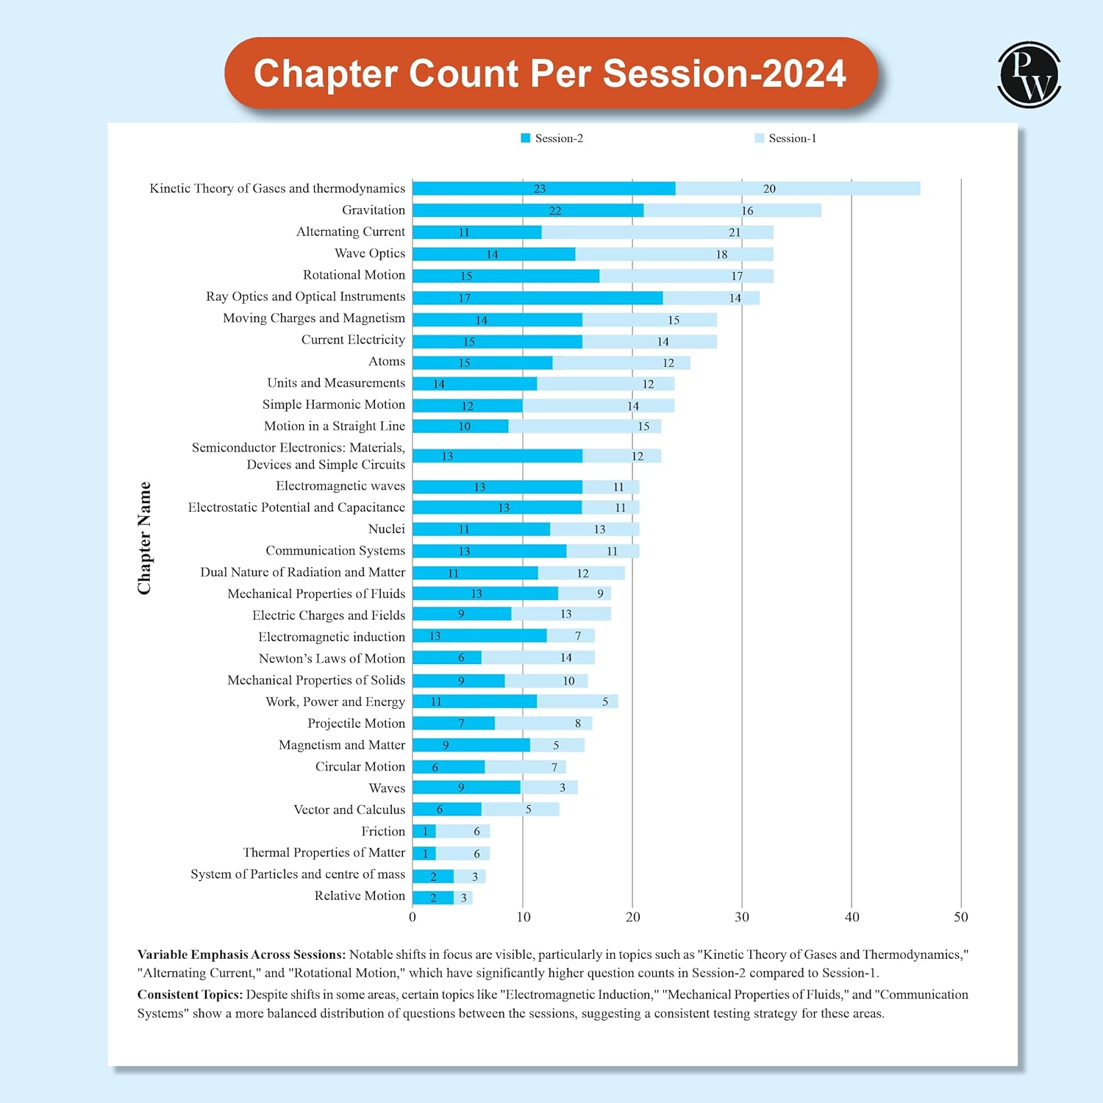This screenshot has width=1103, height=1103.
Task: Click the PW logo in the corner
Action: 1029,74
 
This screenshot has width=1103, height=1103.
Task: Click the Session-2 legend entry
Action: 552,138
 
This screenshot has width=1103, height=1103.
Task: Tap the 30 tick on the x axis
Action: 742,917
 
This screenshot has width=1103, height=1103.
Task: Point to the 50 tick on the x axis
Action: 961,917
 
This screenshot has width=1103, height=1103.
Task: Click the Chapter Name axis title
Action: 144,538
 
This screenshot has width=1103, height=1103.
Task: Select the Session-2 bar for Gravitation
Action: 528,210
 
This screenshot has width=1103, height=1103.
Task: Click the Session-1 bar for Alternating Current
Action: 657,232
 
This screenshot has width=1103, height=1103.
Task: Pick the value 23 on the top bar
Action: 540,189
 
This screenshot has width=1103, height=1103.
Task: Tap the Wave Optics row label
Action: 370,253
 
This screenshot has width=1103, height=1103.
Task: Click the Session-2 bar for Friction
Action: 424,832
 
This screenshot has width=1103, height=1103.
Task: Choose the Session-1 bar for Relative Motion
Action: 463,898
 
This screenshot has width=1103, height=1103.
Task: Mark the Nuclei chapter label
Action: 387,529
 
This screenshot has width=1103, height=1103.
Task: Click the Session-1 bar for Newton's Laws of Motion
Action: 538,657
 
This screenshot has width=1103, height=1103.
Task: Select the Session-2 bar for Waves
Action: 466,788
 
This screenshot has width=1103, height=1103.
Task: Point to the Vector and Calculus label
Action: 349,810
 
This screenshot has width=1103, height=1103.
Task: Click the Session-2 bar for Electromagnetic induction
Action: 479,636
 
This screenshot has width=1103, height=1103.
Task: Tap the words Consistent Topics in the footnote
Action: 190,995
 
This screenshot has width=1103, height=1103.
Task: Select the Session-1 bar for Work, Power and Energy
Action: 577,702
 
